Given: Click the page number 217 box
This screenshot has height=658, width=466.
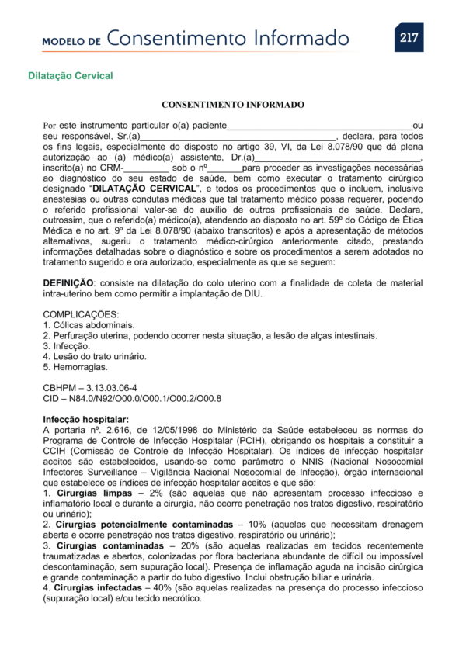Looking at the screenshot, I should [409, 37].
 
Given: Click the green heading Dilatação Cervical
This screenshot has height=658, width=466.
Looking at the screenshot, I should [71, 76].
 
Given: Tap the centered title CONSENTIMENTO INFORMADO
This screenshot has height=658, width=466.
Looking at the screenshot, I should [233, 104].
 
